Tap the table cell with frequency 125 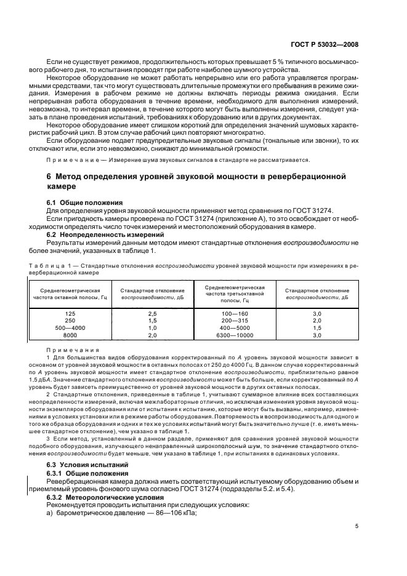pyautogui.click(x=70, y=313)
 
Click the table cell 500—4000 pyautogui.click(x=70, y=328)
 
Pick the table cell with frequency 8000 pyautogui.click(x=70, y=335)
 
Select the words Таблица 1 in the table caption pyautogui.click(x=49, y=265)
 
